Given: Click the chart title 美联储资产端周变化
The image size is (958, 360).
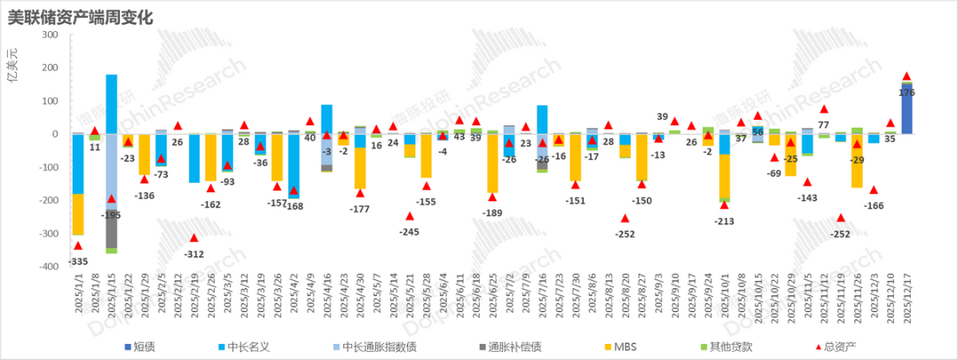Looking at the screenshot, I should [x=81, y=16].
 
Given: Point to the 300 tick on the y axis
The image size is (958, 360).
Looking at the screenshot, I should [x=50, y=35].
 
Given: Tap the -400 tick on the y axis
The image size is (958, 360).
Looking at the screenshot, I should [x=47, y=266].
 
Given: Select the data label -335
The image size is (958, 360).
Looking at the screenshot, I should [x=77, y=261].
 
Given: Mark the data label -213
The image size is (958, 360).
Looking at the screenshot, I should [x=725, y=219].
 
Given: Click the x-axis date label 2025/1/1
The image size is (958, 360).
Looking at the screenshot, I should [x=77, y=296].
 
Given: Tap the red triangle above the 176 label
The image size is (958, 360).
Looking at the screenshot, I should [x=907, y=77].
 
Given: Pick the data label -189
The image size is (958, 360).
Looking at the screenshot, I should [x=492, y=213].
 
